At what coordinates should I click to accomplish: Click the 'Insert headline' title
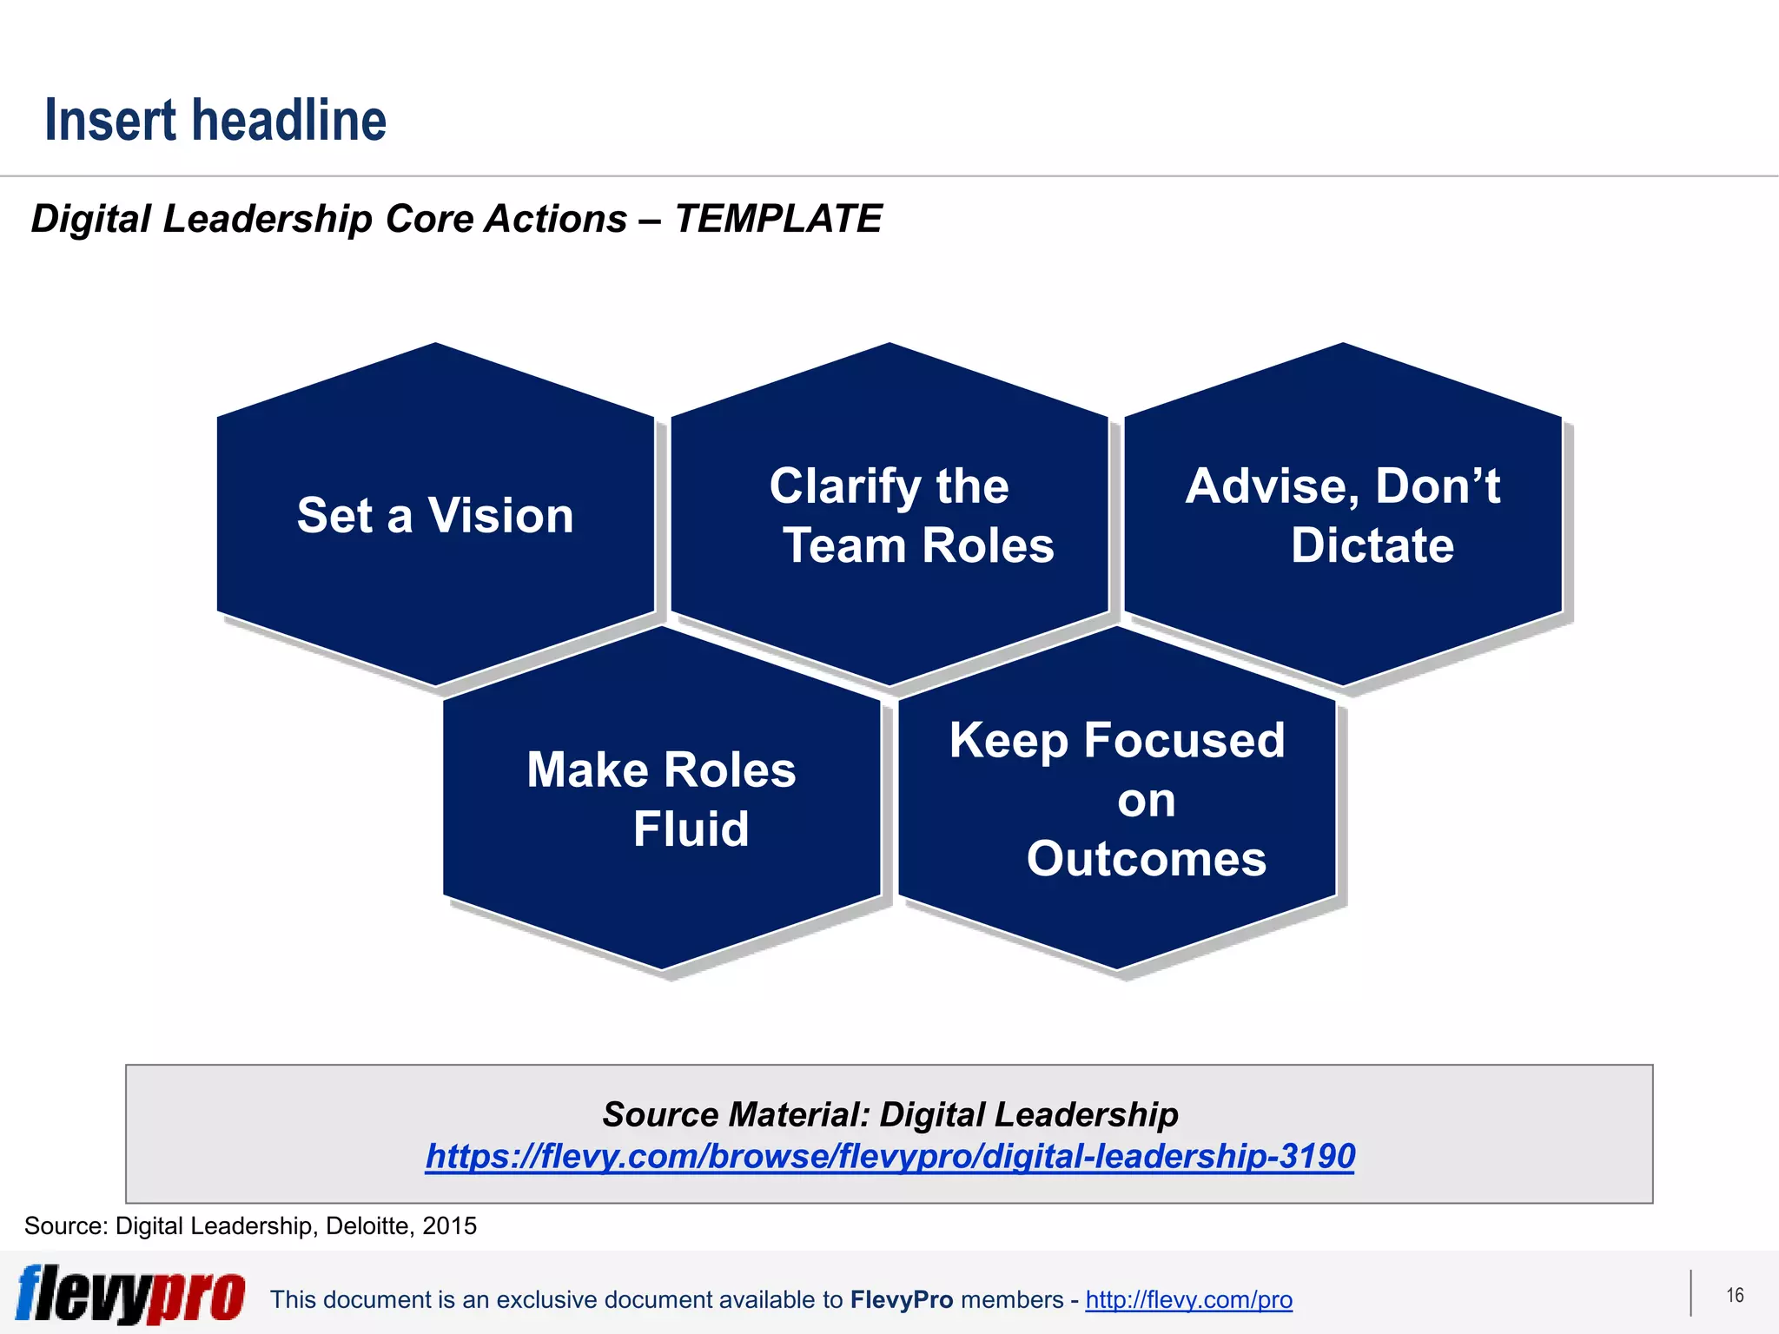click(x=215, y=121)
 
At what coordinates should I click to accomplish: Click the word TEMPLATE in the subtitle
click(x=778, y=219)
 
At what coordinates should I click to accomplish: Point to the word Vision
click(x=500, y=516)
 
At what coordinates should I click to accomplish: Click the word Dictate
click(x=1372, y=545)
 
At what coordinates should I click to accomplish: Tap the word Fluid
click(x=691, y=829)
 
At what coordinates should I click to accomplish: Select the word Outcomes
click(x=1146, y=859)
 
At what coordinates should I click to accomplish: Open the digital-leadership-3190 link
click(x=889, y=1156)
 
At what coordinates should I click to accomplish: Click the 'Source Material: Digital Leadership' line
click(x=889, y=1114)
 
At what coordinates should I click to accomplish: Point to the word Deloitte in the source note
click(x=367, y=1225)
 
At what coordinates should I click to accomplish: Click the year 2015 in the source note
click(x=449, y=1225)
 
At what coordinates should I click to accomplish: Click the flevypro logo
click(x=130, y=1295)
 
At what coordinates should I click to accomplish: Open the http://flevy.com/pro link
click(x=1188, y=1300)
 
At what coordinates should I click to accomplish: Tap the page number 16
click(x=1735, y=1296)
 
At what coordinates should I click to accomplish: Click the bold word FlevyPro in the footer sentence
click(x=902, y=1300)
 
